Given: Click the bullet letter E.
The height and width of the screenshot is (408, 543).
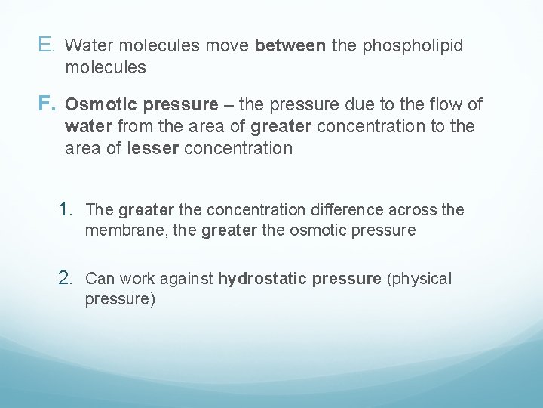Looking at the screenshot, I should pyautogui.click(x=44, y=45).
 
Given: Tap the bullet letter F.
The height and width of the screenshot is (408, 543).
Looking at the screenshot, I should pyautogui.click(x=44, y=103).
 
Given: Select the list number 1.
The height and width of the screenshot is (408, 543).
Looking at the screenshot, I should pyautogui.click(x=67, y=209).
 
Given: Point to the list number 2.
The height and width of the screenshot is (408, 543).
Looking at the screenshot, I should pyautogui.click(x=67, y=277).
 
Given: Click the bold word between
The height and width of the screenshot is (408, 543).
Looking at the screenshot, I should pyautogui.click(x=290, y=46).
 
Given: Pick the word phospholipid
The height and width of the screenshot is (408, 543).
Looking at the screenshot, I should pyautogui.click(x=413, y=46).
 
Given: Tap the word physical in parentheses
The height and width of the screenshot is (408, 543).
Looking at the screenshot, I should pyautogui.click(x=419, y=279).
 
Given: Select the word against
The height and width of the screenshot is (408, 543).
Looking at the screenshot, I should pyautogui.click(x=188, y=279).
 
